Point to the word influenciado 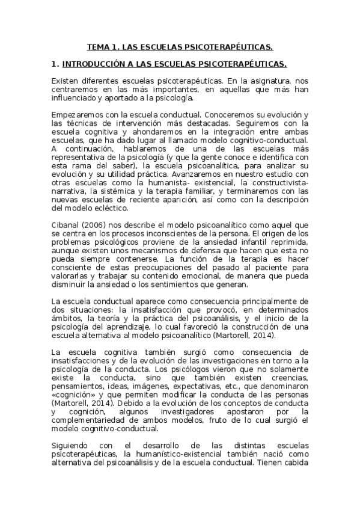[x=72, y=97]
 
